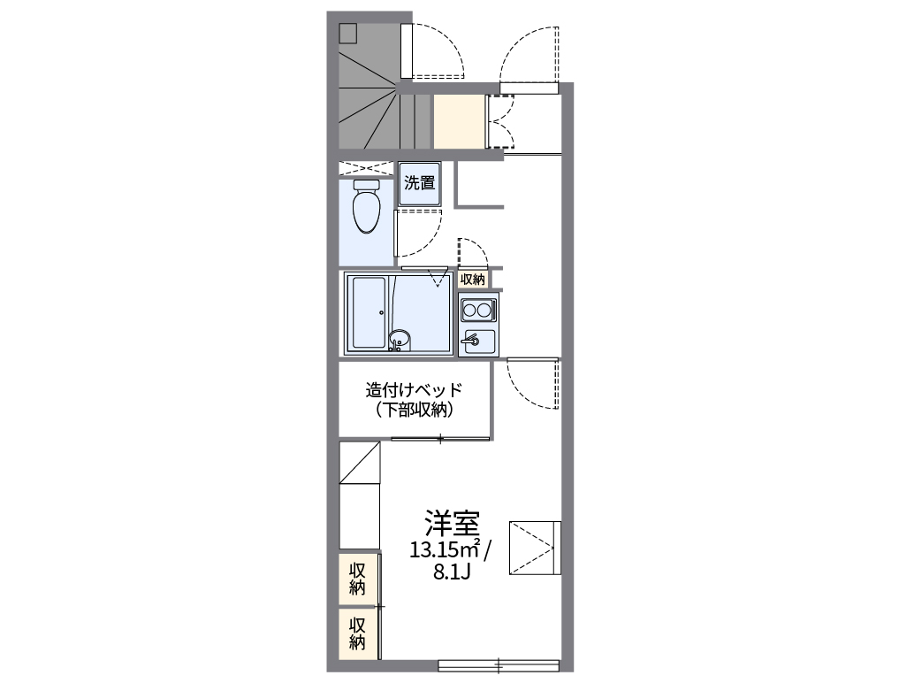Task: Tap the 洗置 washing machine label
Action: (420, 184)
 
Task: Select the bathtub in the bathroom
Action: (367, 312)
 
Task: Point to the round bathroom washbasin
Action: (400, 338)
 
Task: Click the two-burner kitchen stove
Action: (478, 311)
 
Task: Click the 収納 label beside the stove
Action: (473, 279)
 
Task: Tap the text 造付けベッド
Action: (415, 390)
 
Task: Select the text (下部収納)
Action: (415, 410)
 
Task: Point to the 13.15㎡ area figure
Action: (445, 550)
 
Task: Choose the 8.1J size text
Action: (450, 572)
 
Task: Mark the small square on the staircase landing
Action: (348, 33)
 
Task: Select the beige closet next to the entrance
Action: (459, 121)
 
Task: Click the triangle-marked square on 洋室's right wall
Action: (536, 548)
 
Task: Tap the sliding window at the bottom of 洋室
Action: (499, 664)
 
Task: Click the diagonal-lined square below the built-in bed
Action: (360, 463)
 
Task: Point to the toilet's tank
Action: (366, 185)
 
